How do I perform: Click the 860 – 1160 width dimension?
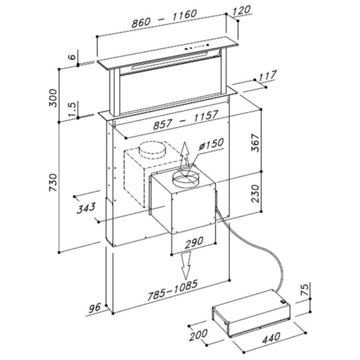(x=164, y=19)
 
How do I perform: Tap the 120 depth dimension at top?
(x=241, y=11)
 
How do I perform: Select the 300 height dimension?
(x=53, y=98)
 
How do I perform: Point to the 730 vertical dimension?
(x=53, y=182)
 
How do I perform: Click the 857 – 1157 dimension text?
(x=185, y=120)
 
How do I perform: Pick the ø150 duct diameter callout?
(x=211, y=144)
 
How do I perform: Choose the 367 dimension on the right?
(x=255, y=143)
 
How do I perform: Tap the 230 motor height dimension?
(x=255, y=194)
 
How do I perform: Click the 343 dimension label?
(x=86, y=208)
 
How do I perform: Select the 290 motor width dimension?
(x=194, y=242)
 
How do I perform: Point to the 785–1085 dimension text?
(x=172, y=290)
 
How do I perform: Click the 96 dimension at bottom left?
(x=95, y=308)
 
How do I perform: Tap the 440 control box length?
(x=271, y=338)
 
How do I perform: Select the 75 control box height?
(x=303, y=289)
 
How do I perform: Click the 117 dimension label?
(x=268, y=76)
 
